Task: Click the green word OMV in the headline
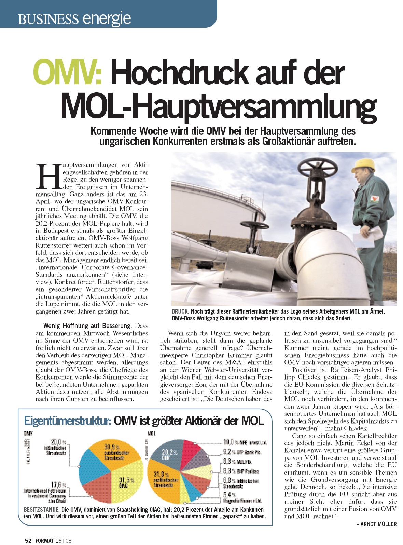(x=67, y=73)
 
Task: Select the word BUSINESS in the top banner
(x=48, y=19)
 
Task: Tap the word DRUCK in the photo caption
(x=180, y=311)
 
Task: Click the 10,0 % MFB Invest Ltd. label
(x=245, y=442)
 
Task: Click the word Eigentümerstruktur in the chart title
(x=67, y=421)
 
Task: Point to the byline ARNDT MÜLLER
(x=378, y=524)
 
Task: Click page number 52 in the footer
(x=28, y=541)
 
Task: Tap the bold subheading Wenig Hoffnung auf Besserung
(x=87, y=326)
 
